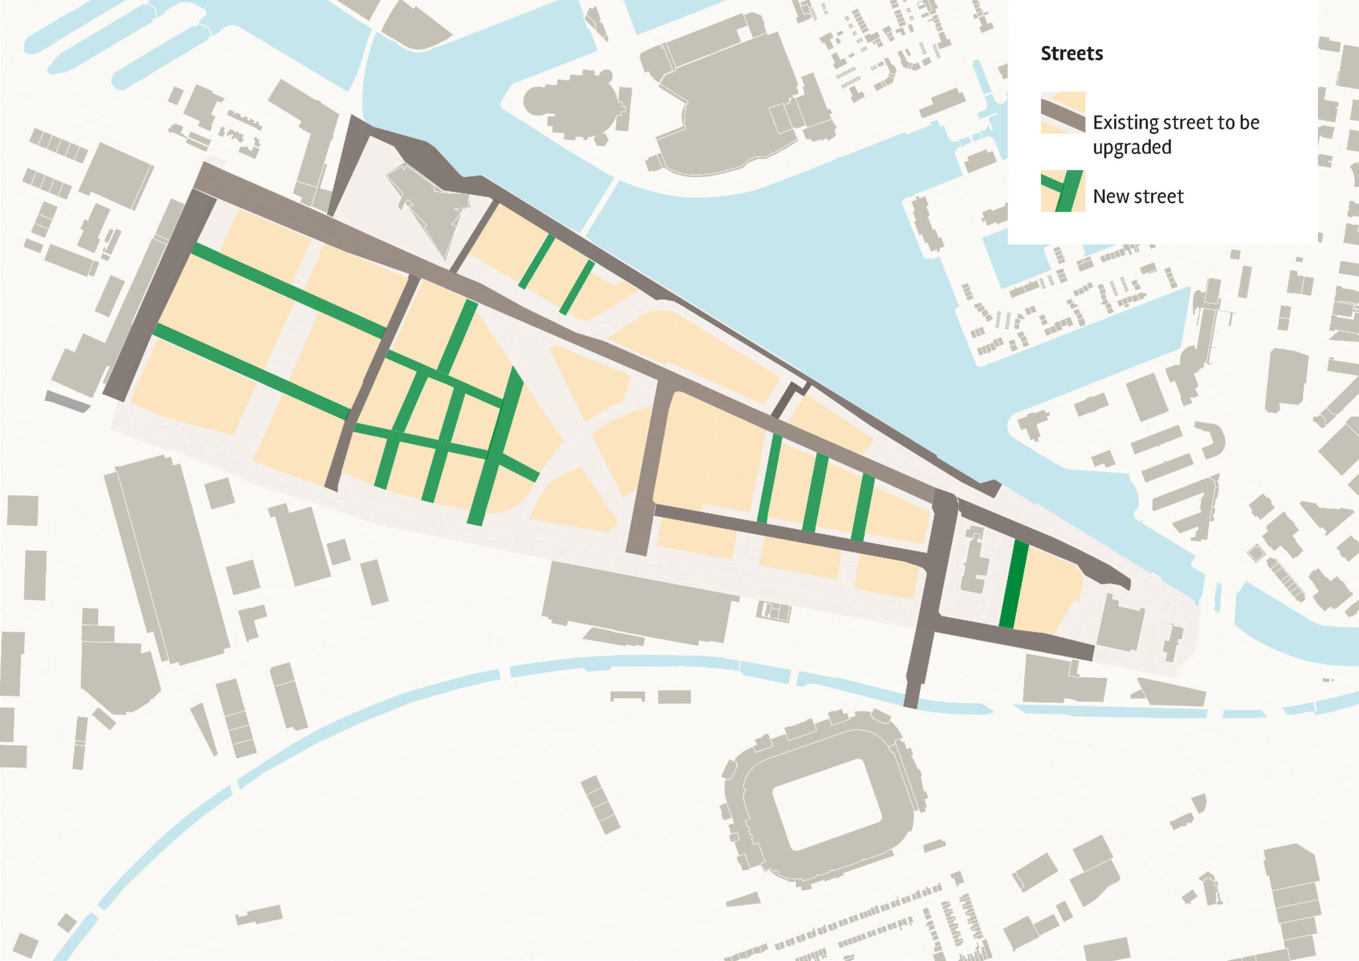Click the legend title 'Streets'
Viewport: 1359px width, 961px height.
click(1071, 53)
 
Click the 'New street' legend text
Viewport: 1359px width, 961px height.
click(1137, 196)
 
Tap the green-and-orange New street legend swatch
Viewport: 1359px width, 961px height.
click(1062, 191)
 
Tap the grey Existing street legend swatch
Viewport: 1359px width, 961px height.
click(1062, 113)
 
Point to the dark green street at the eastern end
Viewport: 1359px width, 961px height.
click(1013, 585)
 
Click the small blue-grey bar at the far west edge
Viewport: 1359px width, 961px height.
click(67, 402)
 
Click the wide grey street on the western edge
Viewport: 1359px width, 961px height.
click(160, 295)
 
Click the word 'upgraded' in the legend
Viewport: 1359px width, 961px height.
click(1131, 147)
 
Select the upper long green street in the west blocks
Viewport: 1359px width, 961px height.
click(289, 291)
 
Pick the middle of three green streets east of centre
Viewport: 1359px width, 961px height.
click(815, 492)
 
